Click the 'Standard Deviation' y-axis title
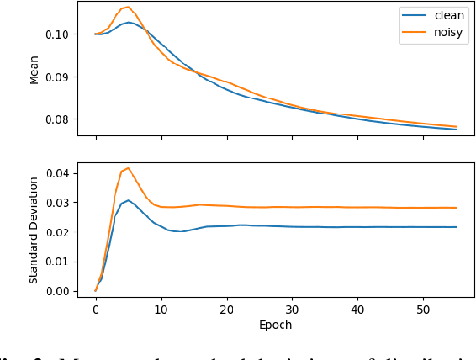click(x=34, y=228)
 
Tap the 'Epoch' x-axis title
click(x=276, y=325)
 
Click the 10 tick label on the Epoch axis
click(x=161, y=309)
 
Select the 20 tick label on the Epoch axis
click(x=226, y=309)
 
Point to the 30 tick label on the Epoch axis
click(x=292, y=309)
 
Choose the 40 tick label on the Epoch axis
click(x=357, y=309)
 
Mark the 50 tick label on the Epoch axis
click(x=423, y=309)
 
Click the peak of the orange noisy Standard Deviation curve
click(x=128, y=168)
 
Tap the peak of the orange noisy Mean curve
click(x=128, y=8)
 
